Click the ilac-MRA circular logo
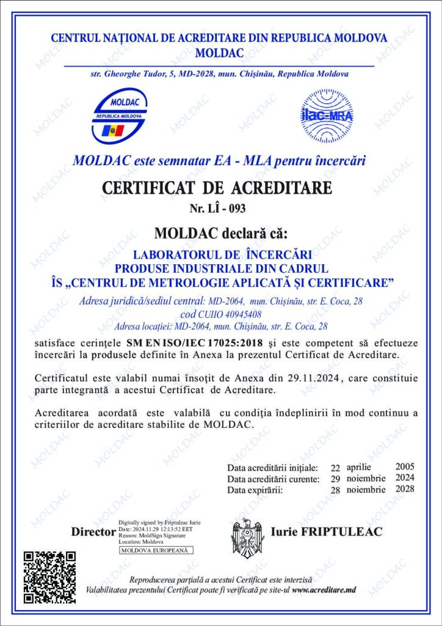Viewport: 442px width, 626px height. [x=327, y=116]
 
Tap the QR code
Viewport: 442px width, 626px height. [x=49, y=576]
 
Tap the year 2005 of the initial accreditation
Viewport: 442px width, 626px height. [x=405, y=466]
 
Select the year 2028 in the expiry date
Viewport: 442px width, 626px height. [x=405, y=489]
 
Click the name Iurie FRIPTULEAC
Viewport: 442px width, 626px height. [x=326, y=532]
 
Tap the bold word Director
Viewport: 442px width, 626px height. [x=93, y=532]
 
